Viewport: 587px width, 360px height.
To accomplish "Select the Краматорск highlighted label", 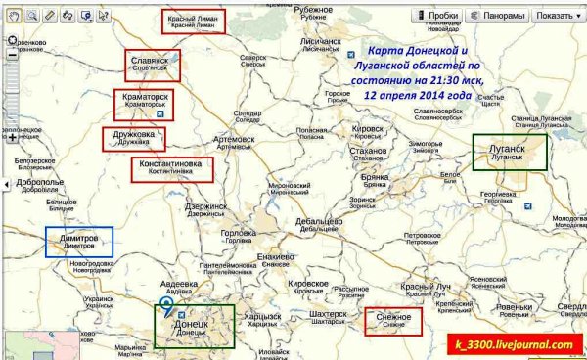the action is tap(145, 103).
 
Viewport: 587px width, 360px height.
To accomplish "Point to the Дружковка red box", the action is tap(133, 139).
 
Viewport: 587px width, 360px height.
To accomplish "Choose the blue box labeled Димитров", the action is tap(78, 243).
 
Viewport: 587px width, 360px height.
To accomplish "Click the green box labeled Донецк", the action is tap(195, 326).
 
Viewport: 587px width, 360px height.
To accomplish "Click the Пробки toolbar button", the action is tap(437, 16).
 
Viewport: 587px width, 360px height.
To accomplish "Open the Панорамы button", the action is tap(500, 16).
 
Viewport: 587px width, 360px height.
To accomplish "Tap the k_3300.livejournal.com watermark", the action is tap(512, 344).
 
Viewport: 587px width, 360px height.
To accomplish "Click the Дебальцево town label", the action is tap(320, 221).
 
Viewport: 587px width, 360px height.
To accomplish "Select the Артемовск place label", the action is tap(234, 139).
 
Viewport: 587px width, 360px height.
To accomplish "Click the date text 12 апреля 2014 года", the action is tap(417, 97).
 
